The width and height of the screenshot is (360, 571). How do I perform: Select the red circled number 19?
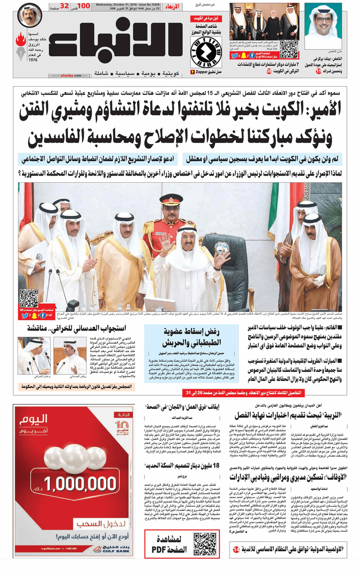[x=318, y=72]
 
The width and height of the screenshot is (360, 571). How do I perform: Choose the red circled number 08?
[x=269, y=72]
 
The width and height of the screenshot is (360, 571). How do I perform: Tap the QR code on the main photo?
[x=29, y=298]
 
